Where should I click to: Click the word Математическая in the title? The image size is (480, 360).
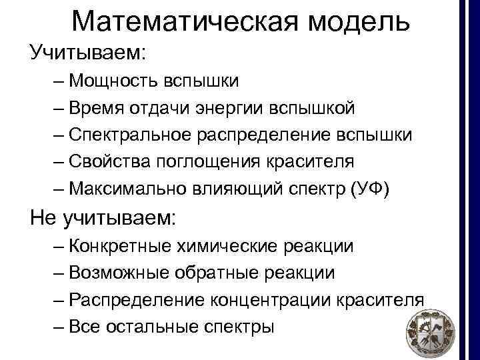point(181,22)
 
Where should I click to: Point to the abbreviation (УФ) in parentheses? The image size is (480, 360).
point(375,189)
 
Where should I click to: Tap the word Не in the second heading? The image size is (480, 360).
point(41,217)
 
